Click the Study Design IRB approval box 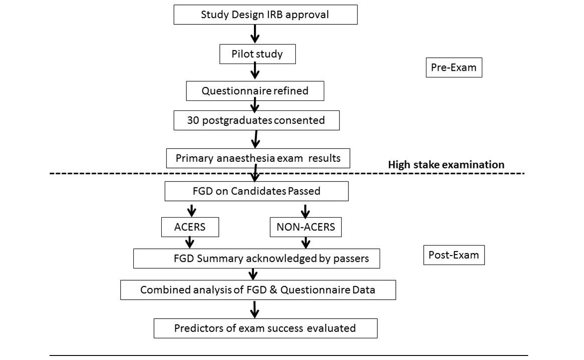point(265,14)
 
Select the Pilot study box point(257,54)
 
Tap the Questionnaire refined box point(255,91)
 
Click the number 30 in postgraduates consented point(193,120)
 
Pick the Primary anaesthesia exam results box point(258,158)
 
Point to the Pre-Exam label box point(453,68)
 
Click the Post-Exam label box point(453,255)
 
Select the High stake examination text point(446,164)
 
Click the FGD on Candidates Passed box point(256,191)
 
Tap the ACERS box point(190,227)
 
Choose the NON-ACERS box point(306,227)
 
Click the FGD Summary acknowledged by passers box point(256,259)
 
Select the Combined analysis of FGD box point(258,290)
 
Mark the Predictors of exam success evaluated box point(265,328)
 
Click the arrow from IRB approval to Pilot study point(255,34)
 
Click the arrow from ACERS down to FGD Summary point(190,242)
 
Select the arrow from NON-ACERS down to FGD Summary point(306,242)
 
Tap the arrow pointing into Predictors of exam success point(255,309)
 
